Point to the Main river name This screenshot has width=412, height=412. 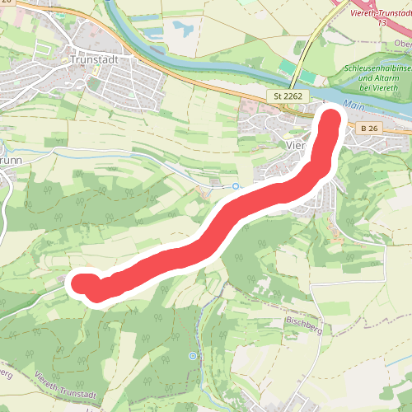pyautogui.click(x=354, y=105)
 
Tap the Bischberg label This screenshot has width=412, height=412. pyautogui.click(x=302, y=319)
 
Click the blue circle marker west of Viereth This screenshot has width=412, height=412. pyautogui.click(x=236, y=186)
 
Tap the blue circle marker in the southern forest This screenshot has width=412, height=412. pyautogui.click(x=192, y=356)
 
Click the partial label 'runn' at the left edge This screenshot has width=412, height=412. pyautogui.click(x=11, y=160)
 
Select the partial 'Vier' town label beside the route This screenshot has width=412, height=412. pyautogui.click(x=295, y=145)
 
